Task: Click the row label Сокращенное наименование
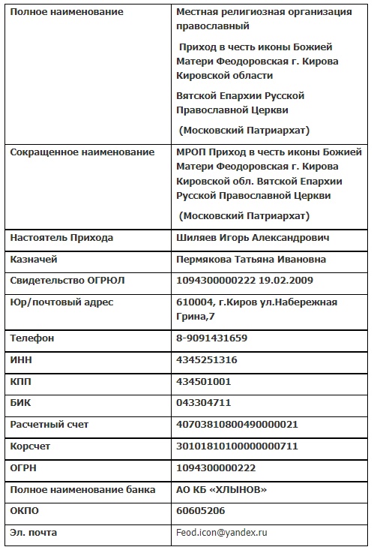point(82,152)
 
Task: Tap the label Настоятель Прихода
point(62,238)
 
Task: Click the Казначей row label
point(34,260)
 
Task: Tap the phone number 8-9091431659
point(211,338)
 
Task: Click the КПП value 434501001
point(203,382)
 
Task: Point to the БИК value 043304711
point(203,403)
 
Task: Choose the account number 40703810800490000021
point(236,425)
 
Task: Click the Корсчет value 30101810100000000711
point(236,446)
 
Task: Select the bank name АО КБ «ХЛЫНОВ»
point(221,489)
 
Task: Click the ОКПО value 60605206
point(200,511)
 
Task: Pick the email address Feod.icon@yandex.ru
point(221,533)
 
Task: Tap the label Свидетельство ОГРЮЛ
point(67,281)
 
